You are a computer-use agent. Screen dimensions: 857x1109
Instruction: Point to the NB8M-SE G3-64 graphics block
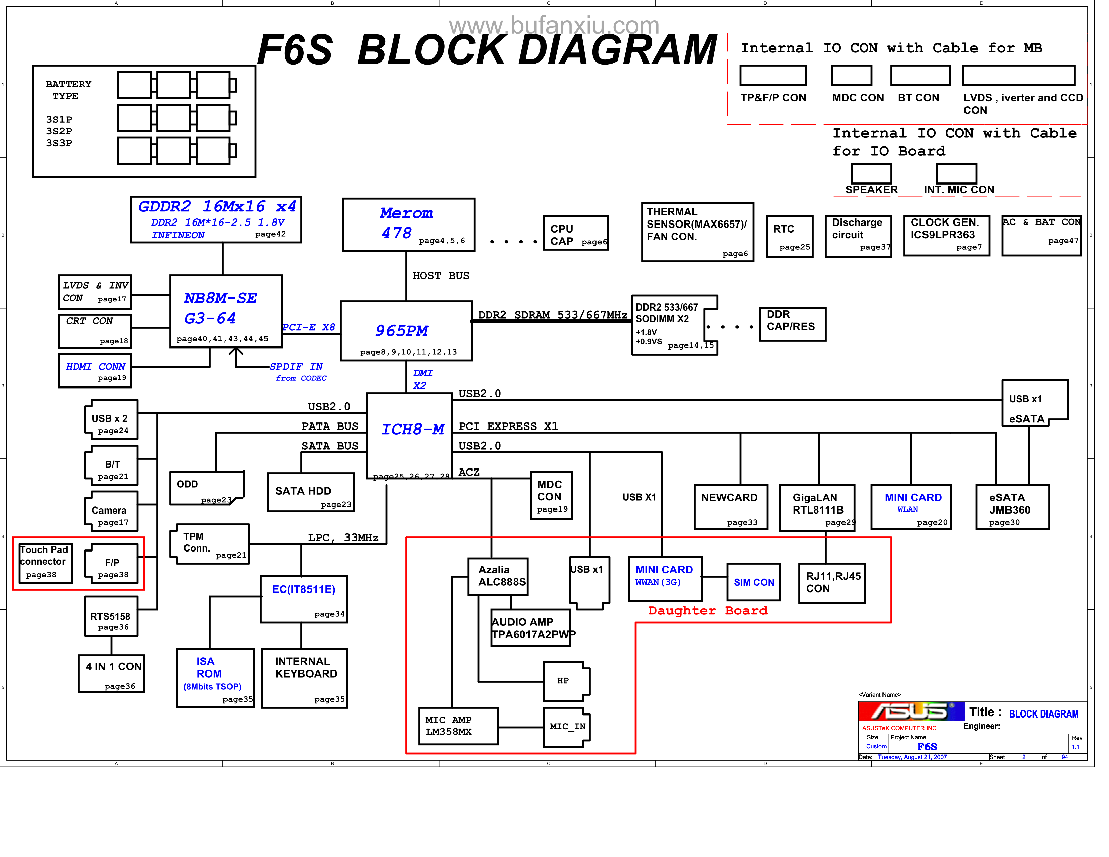click(x=225, y=311)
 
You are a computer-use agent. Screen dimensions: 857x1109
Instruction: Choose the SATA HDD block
click(x=311, y=492)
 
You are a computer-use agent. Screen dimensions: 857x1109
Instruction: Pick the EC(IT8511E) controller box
click(x=304, y=599)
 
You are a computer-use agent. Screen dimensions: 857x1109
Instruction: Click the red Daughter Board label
click(x=707, y=610)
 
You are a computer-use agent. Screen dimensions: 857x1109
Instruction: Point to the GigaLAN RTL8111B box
click(x=817, y=507)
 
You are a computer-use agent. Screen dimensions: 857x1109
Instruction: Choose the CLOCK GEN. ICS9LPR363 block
click(x=946, y=235)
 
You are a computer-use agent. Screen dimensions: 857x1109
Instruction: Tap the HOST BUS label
click(x=441, y=276)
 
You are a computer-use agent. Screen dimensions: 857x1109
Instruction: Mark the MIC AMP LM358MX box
click(x=458, y=726)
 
